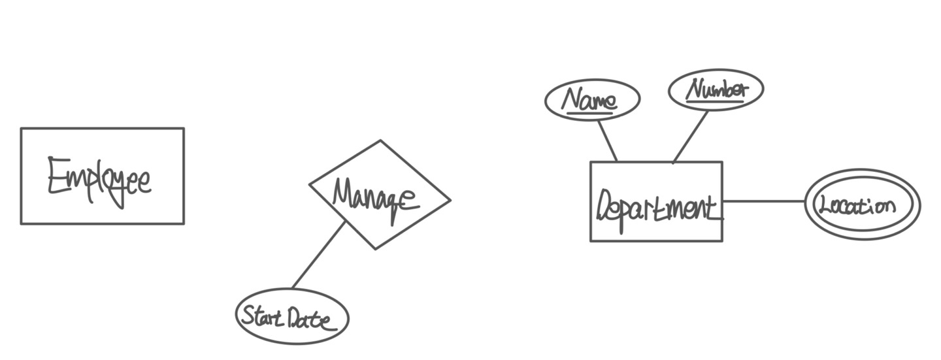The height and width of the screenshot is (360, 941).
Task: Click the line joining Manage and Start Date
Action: (x=318, y=255)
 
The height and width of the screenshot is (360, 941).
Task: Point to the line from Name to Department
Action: (x=607, y=140)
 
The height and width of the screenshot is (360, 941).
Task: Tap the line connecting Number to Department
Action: (x=691, y=137)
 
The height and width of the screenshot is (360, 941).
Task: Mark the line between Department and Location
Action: (x=763, y=201)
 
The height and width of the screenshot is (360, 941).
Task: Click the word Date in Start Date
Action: (x=312, y=319)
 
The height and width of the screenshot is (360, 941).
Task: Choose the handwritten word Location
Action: (x=857, y=205)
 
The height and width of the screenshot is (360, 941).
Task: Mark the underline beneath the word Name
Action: (x=590, y=114)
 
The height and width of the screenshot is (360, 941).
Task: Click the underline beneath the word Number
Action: (x=714, y=101)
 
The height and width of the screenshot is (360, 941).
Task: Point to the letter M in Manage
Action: (x=344, y=193)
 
